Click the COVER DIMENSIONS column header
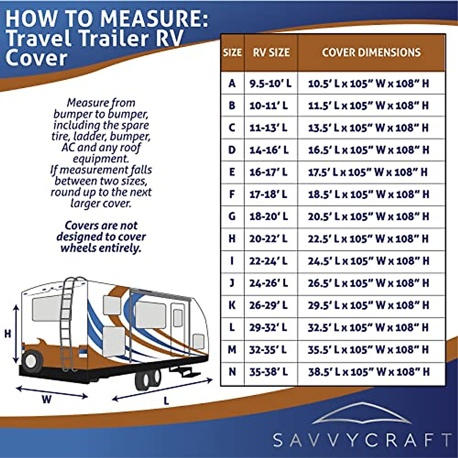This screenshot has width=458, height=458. coord(371,53)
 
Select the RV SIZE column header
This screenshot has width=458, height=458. coord(271,53)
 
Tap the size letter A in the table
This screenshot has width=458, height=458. coord(232,83)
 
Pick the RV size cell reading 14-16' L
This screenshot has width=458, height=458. coord(269,150)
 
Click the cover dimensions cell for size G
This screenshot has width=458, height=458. coord(368,216)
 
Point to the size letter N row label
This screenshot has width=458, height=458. coord(232,372)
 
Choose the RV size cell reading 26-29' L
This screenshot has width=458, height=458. coord(269,305)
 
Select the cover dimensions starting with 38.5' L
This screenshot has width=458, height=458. coord(368,372)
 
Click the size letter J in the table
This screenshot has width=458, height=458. coord(232,283)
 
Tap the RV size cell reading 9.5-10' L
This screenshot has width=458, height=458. coord(270,83)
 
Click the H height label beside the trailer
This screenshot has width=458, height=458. coord(8,334)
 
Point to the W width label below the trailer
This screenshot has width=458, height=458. coord(46,400)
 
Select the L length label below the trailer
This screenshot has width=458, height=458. coord(166,401)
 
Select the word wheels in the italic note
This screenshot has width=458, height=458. coord(79,248)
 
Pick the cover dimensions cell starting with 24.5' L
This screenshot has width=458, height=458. coord(368,261)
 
